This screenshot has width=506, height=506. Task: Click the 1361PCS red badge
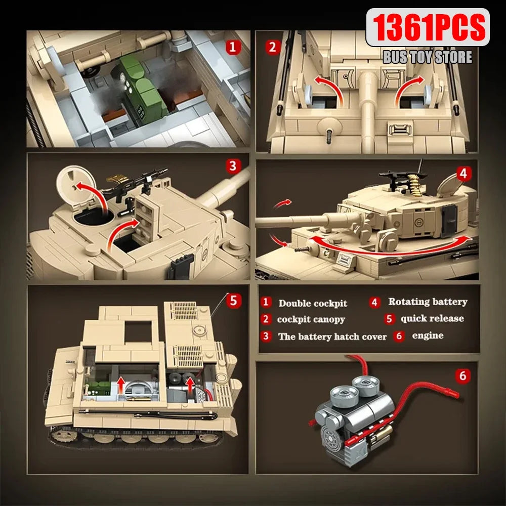click(x=427, y=27)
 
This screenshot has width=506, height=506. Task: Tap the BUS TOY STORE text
click(x=427, y=57)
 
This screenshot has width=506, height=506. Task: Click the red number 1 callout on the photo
click(x=233, y=48)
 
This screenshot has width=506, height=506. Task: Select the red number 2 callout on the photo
click(x=273, y=48)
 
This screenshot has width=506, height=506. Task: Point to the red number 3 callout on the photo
click(x=232, y=166)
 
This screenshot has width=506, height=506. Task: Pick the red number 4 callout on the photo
click(x=462, y=173)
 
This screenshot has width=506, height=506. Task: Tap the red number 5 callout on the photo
click(x=233, y=301)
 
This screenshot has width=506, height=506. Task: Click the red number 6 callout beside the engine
click(x=462, y=376)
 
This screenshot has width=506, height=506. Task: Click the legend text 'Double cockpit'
click(x=313, y=303)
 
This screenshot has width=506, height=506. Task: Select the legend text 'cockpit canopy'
click(x=311, y=319)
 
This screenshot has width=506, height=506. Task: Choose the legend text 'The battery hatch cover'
click(x=332, y=336)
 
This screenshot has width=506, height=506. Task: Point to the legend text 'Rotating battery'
click(x=428, y=302)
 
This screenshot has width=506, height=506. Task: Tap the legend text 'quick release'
click(x=432, y=318)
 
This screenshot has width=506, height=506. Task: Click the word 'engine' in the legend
click(x=428, y=335)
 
